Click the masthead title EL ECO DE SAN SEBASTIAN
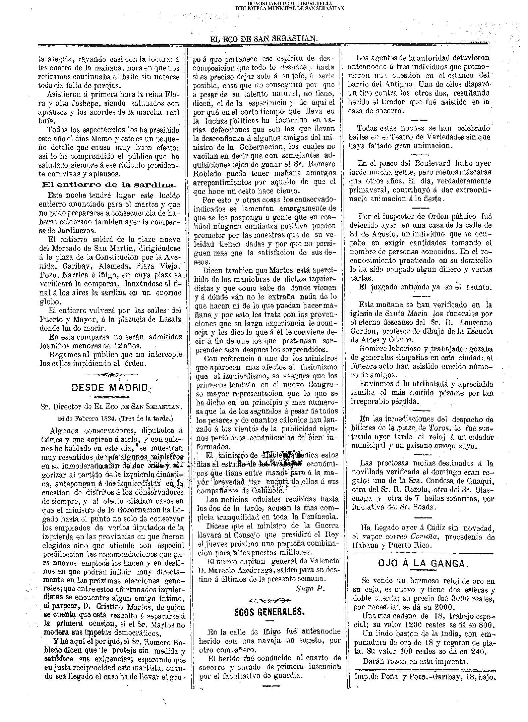pos(264,39)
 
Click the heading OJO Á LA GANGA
pos(422,563)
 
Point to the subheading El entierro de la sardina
pos(109,185)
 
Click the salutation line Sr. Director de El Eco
pos(111,407)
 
